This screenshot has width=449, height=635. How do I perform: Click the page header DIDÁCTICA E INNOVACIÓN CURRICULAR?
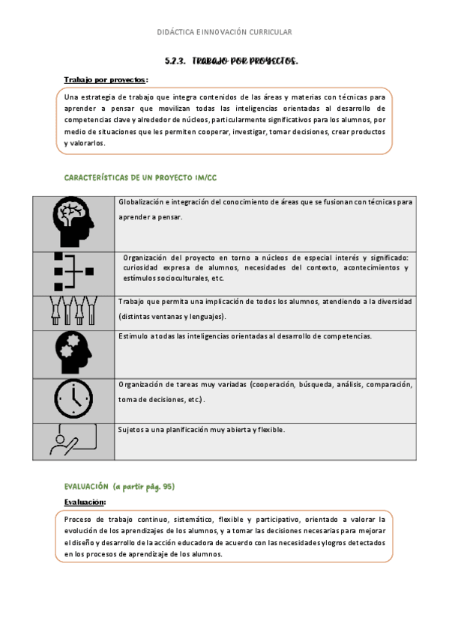click(224, 32)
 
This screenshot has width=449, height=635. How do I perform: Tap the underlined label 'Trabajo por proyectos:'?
click(106, 79)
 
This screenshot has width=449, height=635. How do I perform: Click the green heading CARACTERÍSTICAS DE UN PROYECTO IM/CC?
click(141, 177)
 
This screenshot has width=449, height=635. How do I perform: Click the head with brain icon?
click(73, 222)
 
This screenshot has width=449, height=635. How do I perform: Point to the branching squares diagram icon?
click(73, 271)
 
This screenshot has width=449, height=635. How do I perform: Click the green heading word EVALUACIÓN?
click(87, 487)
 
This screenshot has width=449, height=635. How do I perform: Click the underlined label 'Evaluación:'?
click(85, 502)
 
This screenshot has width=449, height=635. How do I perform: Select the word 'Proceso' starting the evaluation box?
click(77, 519)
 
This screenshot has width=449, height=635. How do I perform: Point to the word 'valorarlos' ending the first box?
click(84, 143)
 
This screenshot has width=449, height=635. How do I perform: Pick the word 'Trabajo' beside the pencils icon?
click(131, 302)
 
